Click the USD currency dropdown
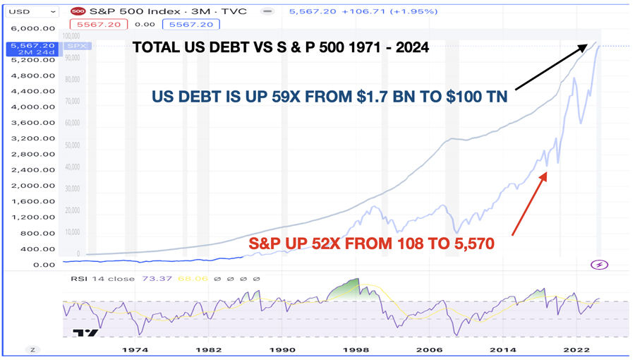click(x=32, y=11)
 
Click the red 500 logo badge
click(x=78, y=11)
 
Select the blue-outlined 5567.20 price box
click(x=191, y=24)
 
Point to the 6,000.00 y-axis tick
click(x=32, y=29)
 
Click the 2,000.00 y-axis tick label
click(x=32, y=186)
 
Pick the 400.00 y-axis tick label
click(x=37, y=249)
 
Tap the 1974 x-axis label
click(x=135, y=349)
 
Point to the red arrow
click(x=528, y=204)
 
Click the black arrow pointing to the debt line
click(x=550, y=67)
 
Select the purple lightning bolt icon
click(x=599, y=265)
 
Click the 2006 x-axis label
click(x=429, y=349)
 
